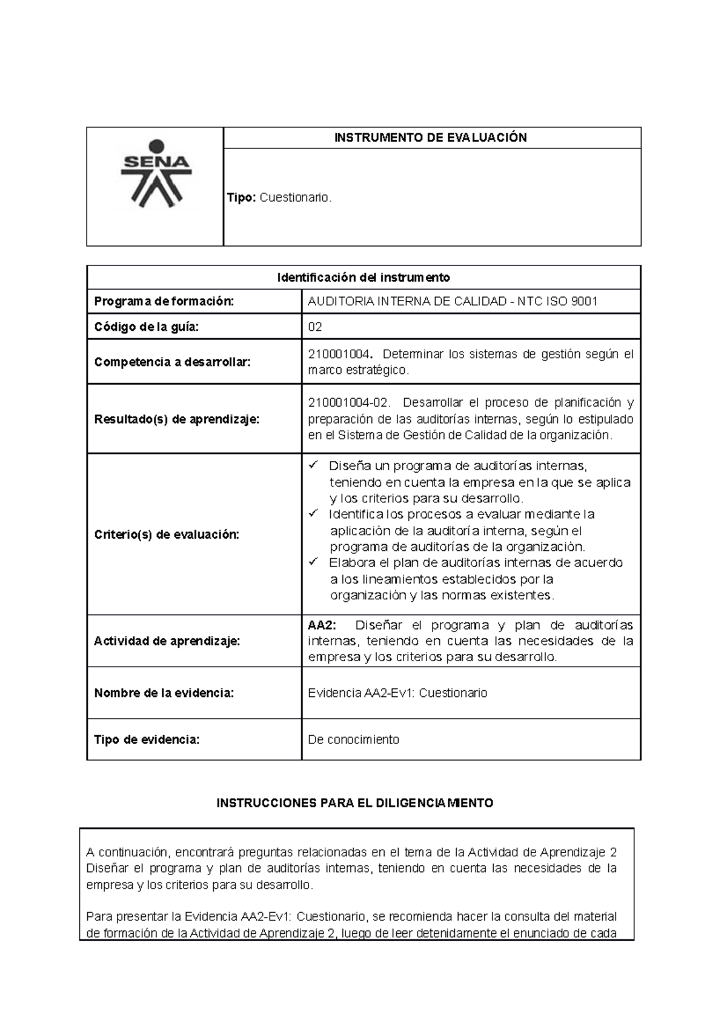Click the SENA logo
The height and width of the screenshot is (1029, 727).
point(157,174)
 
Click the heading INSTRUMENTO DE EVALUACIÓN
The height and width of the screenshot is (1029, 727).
point(431,138)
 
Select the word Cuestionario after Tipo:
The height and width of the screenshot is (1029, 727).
point(295,198)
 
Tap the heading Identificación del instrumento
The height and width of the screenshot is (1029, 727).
point(363,278)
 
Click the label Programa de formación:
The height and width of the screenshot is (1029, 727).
point(164,302)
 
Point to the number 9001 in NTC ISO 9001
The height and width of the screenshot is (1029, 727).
point(585,302)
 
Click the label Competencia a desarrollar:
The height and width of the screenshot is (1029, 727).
point(172,362)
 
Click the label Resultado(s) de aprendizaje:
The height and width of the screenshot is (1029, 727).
point(177,419)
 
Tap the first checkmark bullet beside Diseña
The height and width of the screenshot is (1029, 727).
point(313,465)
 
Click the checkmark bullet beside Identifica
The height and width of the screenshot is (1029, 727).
point(313,514)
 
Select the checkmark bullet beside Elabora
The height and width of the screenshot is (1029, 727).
point(313,562)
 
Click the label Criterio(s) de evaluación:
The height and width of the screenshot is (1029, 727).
point(167,534)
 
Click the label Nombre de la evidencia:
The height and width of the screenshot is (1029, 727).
point(164,693)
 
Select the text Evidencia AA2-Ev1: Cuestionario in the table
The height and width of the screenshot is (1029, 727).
point(397,693)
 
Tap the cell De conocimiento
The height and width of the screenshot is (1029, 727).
point(354,740)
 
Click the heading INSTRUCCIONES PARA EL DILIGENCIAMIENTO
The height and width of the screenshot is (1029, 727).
point(355,804)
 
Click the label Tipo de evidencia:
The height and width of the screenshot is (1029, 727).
point(147,740)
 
